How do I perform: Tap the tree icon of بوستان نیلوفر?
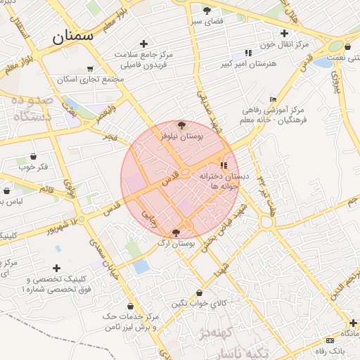pos(181,126)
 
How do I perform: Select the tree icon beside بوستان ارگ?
pos(176,233)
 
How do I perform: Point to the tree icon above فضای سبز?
pos(207,11)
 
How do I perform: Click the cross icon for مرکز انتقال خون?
pos(284,33)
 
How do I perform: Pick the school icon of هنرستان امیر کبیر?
pos(248,53)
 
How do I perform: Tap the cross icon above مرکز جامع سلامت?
pos(144,44)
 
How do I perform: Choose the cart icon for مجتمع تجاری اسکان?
pos(90,69)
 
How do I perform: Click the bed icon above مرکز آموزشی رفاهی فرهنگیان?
pos(273,99)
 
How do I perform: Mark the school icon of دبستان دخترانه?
pos(224,165)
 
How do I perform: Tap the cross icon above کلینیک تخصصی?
pos(56,268)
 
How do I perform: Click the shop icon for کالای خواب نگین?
pos(200,292)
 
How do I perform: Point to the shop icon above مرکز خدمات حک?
pos(131,306)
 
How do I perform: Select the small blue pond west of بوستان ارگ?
pos(141,266)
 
